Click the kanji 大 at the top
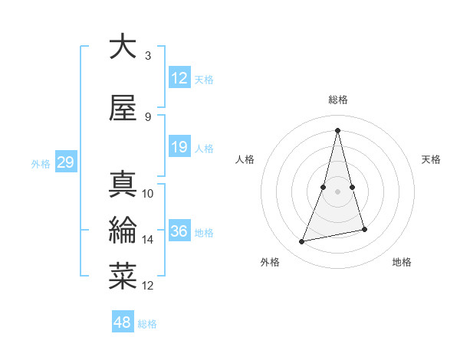tap(123, 47)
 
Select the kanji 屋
tap(123, 109)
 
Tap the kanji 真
tap(123, 184)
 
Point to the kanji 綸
tap(123, 230)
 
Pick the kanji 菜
tap(123, 277)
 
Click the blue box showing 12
tap(179, 79)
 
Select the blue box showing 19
tap(179, 147)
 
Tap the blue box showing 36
tap(179, 232)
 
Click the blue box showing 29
tap(65, 162)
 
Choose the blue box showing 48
tap(123, 322)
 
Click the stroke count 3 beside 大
tap(148, 56)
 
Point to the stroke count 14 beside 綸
tap(148, 240)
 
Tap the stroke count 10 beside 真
tap(148, 194)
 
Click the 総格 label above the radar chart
tap(337, 100)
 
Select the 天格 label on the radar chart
tap(431, 159)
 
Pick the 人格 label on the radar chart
tap(245, 159)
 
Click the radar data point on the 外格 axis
tap(302, 242)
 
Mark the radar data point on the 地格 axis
tap(364, 229)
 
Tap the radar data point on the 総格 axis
tap(337, 130)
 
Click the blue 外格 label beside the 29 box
tap(41, 163)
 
